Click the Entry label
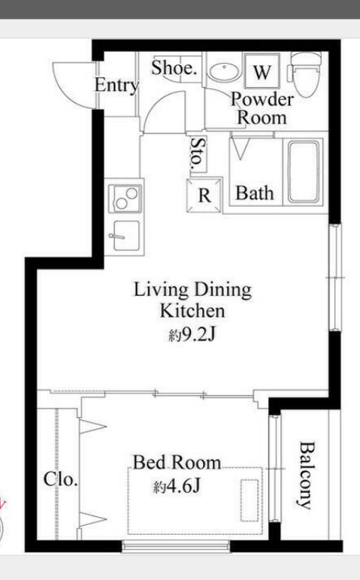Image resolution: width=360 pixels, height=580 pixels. pyautogui.click(x=116, y=86)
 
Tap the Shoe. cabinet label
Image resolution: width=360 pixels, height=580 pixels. pyautogui.click(x=174, y=68)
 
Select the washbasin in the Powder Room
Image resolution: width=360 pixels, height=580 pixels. pyautogui.click(x=222, y=72)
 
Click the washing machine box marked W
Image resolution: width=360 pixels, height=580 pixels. pyautogui.click(x=262, y=71)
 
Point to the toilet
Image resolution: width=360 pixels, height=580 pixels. pyautogui.click(x=304, y=73)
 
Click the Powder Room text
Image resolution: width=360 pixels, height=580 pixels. pyautogui.click(x=262, y=108)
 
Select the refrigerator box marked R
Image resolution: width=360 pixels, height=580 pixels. pyautogui.click(x=204, y=195)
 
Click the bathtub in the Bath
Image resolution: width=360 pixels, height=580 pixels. pyautogui.click(x=304, y=171)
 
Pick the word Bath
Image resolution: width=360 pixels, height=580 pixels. pyautogui.click(x=255, y=193)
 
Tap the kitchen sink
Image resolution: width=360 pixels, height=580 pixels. pyautogui.click(x=125, y=236)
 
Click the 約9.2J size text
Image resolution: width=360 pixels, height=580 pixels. pyautogui.click(x=192, y=335)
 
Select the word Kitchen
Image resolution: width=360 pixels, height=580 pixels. pyautogui.click(x=192, y=311)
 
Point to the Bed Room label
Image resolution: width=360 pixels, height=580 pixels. pyautogui.click(x=177, y=463)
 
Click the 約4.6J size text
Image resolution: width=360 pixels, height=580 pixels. pyautogui.click(x=177, y=486)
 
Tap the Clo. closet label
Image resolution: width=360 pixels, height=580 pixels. pyautogui.click(x=61, y=479)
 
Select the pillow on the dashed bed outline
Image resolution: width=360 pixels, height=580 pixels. pyautogui.click(x=250, y=500)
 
